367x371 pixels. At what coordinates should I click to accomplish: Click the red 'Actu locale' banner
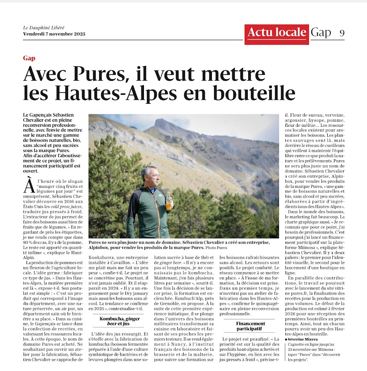[277, 32]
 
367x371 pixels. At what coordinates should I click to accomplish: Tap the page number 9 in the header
[342, 33]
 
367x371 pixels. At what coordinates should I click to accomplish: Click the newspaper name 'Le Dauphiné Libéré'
[44, 28]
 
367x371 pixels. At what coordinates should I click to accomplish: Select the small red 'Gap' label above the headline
[29, 58]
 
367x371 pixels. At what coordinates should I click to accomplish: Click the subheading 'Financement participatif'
[250, 326]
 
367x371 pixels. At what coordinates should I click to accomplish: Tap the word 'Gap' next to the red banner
[321, 32]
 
